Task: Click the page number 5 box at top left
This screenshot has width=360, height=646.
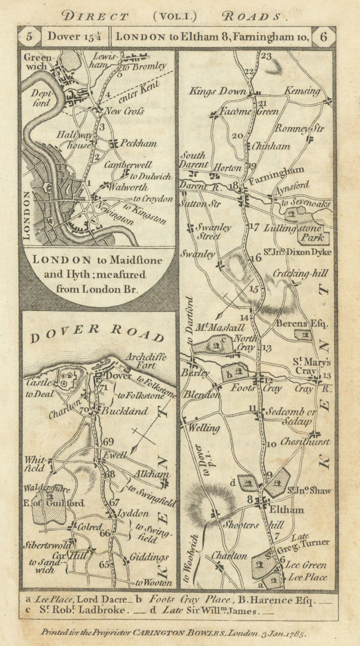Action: click(x=29, y=37)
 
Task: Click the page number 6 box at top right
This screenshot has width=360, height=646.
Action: click(x=323, y=37)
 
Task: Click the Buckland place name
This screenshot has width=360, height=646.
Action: click(x=124, y=411)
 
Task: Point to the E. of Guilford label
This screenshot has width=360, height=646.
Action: click(x=59, y=503)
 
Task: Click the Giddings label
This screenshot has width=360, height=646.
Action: click(x=149, y=557)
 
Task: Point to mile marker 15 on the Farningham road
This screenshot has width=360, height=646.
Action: click(x=254, y=289)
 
